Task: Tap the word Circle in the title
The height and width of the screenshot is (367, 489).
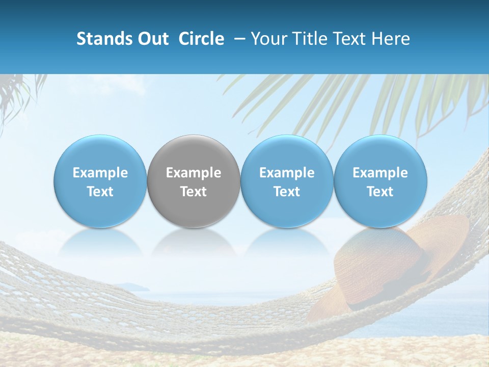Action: coord(201,39)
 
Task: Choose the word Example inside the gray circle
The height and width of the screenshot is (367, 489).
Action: coord(194,173)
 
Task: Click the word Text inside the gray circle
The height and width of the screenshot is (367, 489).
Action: coord(194,192)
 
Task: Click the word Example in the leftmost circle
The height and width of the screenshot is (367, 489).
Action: coord(100,173)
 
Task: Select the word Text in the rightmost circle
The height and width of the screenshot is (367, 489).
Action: coord(381,192)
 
